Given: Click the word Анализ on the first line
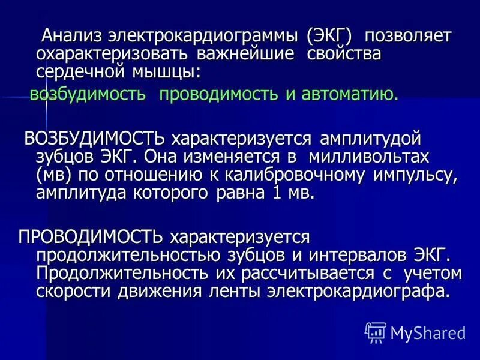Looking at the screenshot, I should coord(69,36).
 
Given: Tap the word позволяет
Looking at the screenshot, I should coord(407,36).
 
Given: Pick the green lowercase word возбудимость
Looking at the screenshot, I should coord(88,94).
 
